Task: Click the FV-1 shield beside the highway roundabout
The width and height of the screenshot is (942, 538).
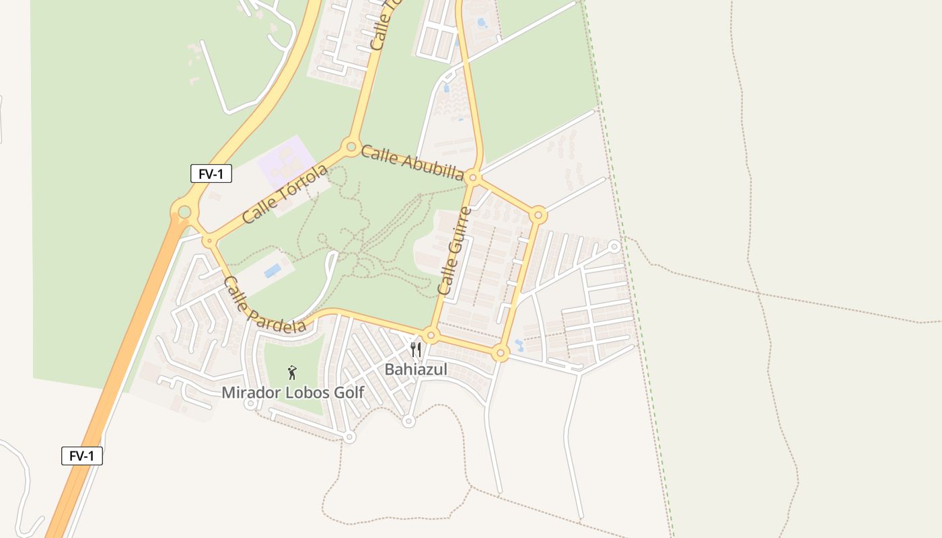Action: tap(211, 174)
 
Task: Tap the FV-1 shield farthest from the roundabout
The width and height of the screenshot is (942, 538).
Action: tap(82, 456)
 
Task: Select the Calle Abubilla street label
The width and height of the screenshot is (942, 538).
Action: tap(412, 162)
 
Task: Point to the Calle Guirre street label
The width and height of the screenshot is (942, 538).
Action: tap(454, 250)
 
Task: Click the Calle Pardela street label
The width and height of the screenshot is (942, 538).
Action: tap(264, 305)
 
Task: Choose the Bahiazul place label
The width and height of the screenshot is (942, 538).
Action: tap(415, 369)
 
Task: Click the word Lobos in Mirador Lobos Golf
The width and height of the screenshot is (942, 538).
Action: tap(314, 393)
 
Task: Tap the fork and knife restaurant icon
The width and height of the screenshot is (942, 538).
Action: tap(416, 349)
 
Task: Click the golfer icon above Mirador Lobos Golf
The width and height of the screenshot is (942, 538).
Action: tap(292, 372)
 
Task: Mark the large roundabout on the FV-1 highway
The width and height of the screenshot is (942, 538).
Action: tap(184, 212)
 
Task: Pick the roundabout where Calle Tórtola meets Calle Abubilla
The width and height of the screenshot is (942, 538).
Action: tap(351, 146)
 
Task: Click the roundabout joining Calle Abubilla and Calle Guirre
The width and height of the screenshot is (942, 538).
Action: tap(473, 178)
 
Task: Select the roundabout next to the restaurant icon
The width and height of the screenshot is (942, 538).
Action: tap(431, 335)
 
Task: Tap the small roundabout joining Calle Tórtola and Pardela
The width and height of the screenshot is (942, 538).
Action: tap(209, 240)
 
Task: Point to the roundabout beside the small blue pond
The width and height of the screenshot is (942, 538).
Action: tap(500, 352)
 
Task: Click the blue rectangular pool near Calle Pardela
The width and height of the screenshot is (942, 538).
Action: tap(273, 271)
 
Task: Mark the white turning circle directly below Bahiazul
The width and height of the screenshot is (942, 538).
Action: tap(408, 421)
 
